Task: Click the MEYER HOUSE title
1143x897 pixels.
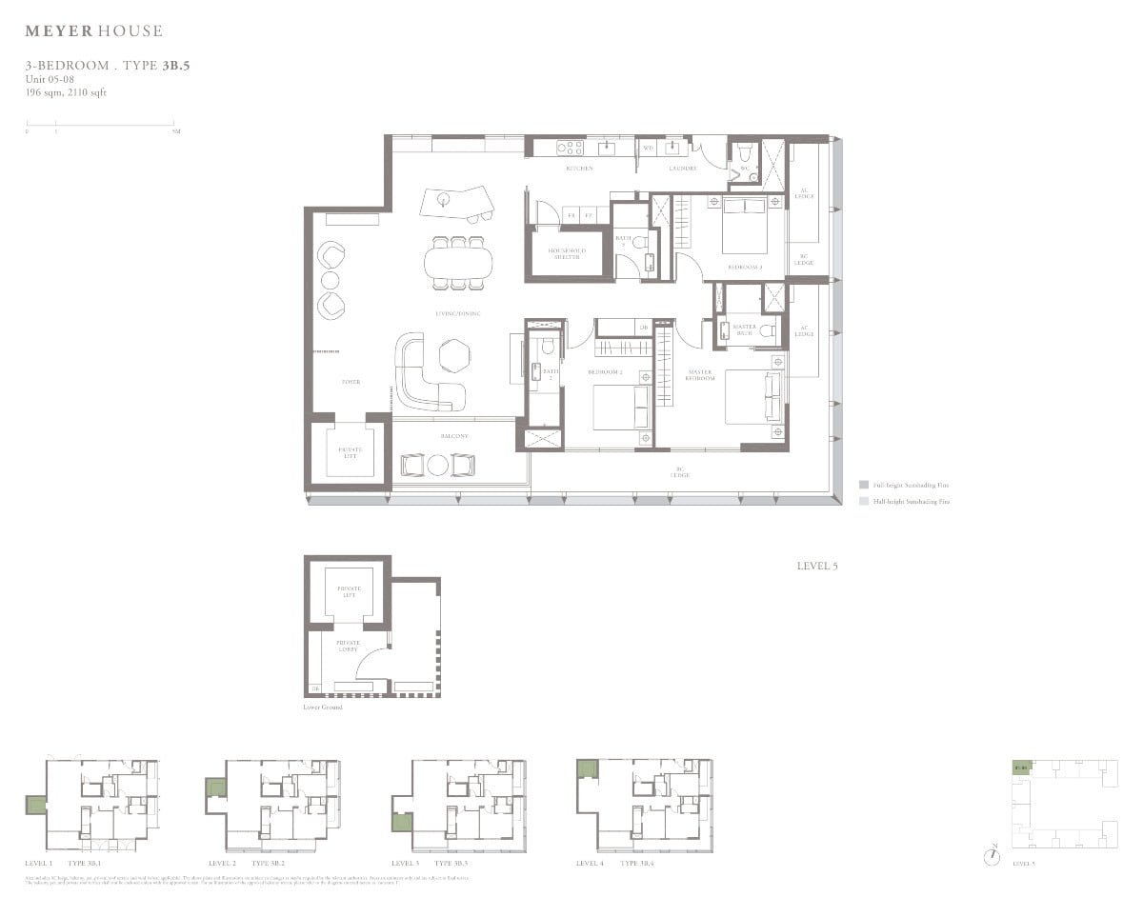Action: (93, 31)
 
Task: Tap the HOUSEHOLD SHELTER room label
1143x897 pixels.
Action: (567, 254)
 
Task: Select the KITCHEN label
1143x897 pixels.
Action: (579, 169)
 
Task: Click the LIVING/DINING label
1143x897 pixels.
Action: (458, 313)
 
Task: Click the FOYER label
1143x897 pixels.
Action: (351, 382)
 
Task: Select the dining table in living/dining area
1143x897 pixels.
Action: (455, 262)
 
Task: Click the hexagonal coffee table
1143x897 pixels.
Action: (454, 356)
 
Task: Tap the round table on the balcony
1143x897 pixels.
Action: (437, 466)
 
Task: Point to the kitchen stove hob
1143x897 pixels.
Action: (570, 148)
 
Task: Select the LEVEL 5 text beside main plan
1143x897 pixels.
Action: (817, 567)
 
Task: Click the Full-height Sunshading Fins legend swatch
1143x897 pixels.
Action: (863, 485)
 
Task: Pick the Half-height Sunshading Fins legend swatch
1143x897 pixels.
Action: (863, 501)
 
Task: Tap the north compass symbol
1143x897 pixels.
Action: (993, 854)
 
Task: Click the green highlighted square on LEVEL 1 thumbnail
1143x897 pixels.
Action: (35, 805)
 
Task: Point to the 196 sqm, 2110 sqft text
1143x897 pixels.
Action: (67, 91)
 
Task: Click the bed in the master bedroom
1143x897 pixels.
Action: (754, 397)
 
